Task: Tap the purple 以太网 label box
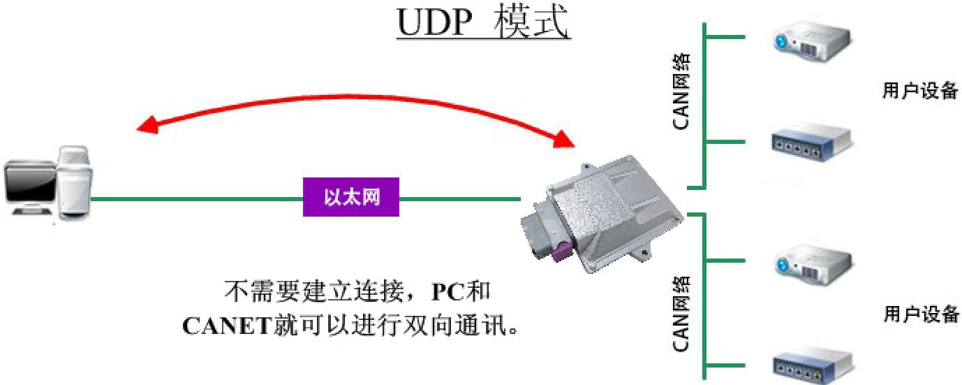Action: tap(351, 197)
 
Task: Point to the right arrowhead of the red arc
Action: tap(564, 140)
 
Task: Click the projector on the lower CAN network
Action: tap(812, 263)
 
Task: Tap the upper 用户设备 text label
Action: tap(920, 91)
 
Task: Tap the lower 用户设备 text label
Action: tap(921, 314)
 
